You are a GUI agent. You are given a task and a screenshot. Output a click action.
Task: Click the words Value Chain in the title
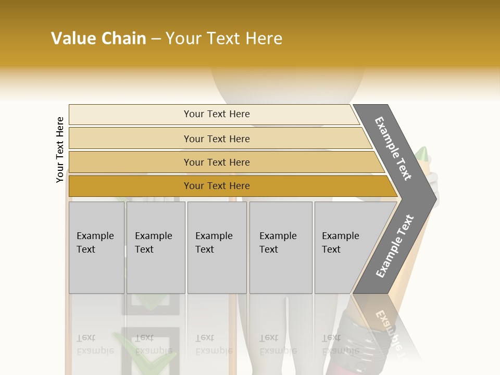pos(98,39)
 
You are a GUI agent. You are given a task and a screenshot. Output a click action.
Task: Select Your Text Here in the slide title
pos(224,39)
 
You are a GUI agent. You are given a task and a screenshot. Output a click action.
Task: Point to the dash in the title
pos(156,39)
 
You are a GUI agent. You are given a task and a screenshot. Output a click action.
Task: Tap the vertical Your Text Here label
pos(60,149)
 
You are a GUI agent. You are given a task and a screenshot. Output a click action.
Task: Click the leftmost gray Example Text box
pos(96,247)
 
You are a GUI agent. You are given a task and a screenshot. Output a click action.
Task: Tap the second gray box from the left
pos(156,247)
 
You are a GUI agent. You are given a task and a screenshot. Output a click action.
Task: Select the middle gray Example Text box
pos(217,247)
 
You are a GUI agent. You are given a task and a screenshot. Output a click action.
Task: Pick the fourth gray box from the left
pos(281,247)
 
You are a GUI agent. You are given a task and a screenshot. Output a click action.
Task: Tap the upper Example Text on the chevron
pos(393,148)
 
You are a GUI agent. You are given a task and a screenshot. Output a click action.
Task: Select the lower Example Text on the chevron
pos(395,246)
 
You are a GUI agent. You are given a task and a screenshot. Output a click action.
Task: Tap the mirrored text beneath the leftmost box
pos(95,344)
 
